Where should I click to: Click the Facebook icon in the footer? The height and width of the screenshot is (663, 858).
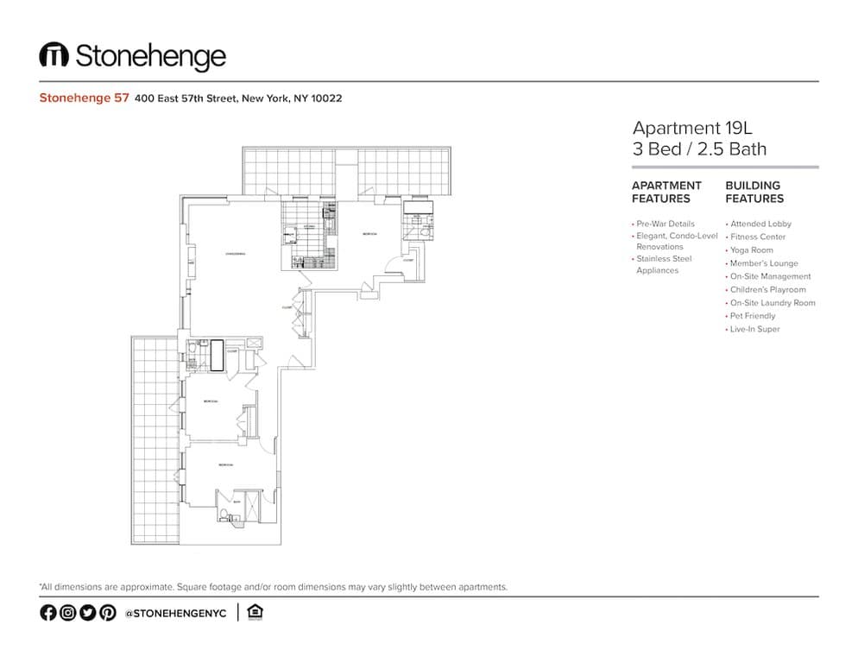[x=47, y=612]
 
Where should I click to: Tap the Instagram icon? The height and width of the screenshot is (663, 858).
[x=67, y=612]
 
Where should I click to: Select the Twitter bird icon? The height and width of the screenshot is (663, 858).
[x=87, y=612]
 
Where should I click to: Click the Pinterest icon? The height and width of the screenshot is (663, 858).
[x=107, y=612]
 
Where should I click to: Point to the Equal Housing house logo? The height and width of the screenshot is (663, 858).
[x=254, y=612]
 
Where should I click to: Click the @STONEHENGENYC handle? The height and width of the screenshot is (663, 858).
[x=175, y=613]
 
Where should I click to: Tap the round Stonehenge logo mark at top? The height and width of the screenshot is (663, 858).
[x=54, y=56]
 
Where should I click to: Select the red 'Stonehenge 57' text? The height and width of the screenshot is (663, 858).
[x=84, y=98]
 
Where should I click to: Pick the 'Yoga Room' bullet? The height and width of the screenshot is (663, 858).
[x=751, y=250]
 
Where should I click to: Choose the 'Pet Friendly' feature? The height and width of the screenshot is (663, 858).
[x=753, y=316]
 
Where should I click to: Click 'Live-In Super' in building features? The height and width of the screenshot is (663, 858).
[x=754, y=329]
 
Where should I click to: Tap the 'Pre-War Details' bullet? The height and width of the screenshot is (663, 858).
[x=665, y=224]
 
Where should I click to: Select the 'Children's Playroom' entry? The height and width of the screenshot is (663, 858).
[x=767, y=290]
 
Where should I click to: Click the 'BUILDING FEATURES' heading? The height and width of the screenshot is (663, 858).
[x=754, y=192]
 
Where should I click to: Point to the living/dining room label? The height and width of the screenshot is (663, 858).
[x=236, y=254]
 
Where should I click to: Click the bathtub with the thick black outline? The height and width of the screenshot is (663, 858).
[x=217, y=356]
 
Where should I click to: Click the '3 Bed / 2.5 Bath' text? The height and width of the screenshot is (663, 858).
[x=699, y=148]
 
